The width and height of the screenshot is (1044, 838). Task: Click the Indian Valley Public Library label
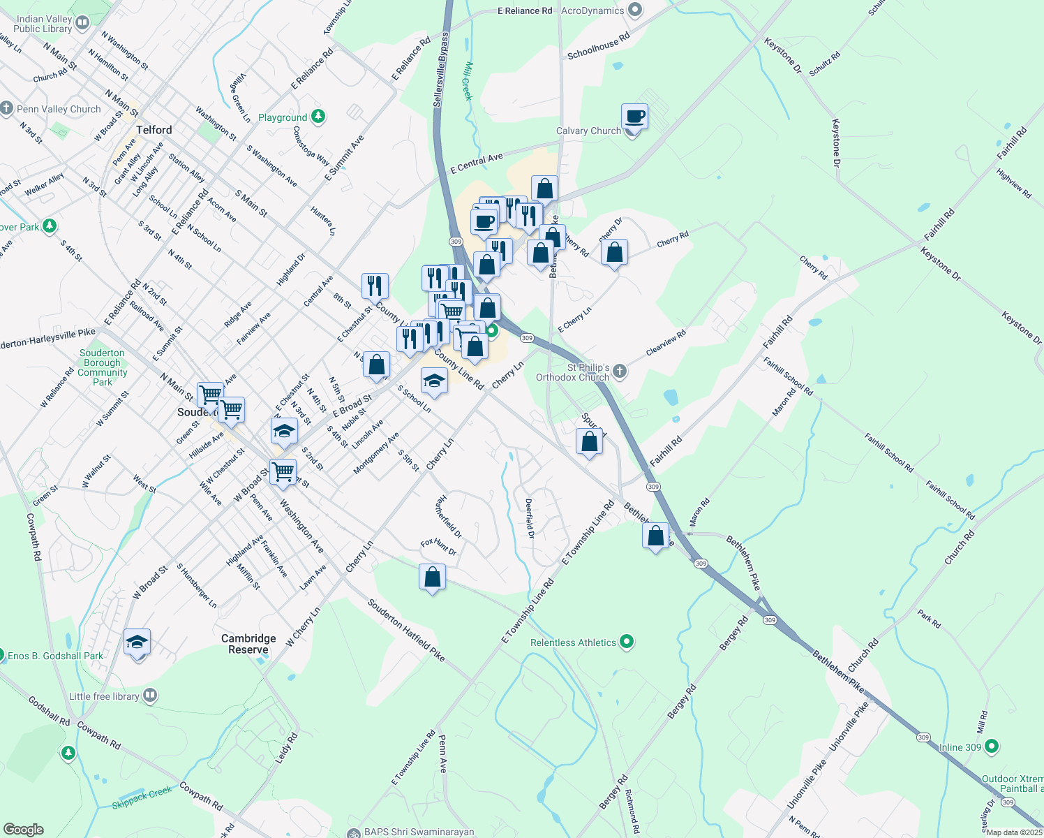point(43,24)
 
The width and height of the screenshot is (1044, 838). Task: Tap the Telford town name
point(154,130)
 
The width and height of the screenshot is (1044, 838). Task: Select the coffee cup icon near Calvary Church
point(634,117)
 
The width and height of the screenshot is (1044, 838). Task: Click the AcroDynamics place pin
point(634,10)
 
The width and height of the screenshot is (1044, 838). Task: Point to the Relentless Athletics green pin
point(627,642)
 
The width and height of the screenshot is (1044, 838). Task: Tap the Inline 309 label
point(960,747)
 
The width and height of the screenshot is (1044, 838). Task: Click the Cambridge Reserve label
point(248,644)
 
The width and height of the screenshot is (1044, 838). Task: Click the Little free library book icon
point(150,696)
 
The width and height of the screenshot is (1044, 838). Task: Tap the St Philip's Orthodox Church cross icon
point(619,372)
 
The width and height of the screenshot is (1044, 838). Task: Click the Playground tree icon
point(318,117)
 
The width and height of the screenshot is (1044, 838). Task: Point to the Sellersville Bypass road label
point(441,70)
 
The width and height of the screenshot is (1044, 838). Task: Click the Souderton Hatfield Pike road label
point(406,629)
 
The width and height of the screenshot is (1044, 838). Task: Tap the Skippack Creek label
point(142,797)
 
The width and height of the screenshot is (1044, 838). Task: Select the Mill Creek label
point(468,81)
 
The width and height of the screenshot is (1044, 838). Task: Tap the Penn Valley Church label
point(59,109)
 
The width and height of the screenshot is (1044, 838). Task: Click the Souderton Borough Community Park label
point(103,367)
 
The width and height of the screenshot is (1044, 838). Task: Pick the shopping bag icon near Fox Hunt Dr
point(432,578)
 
